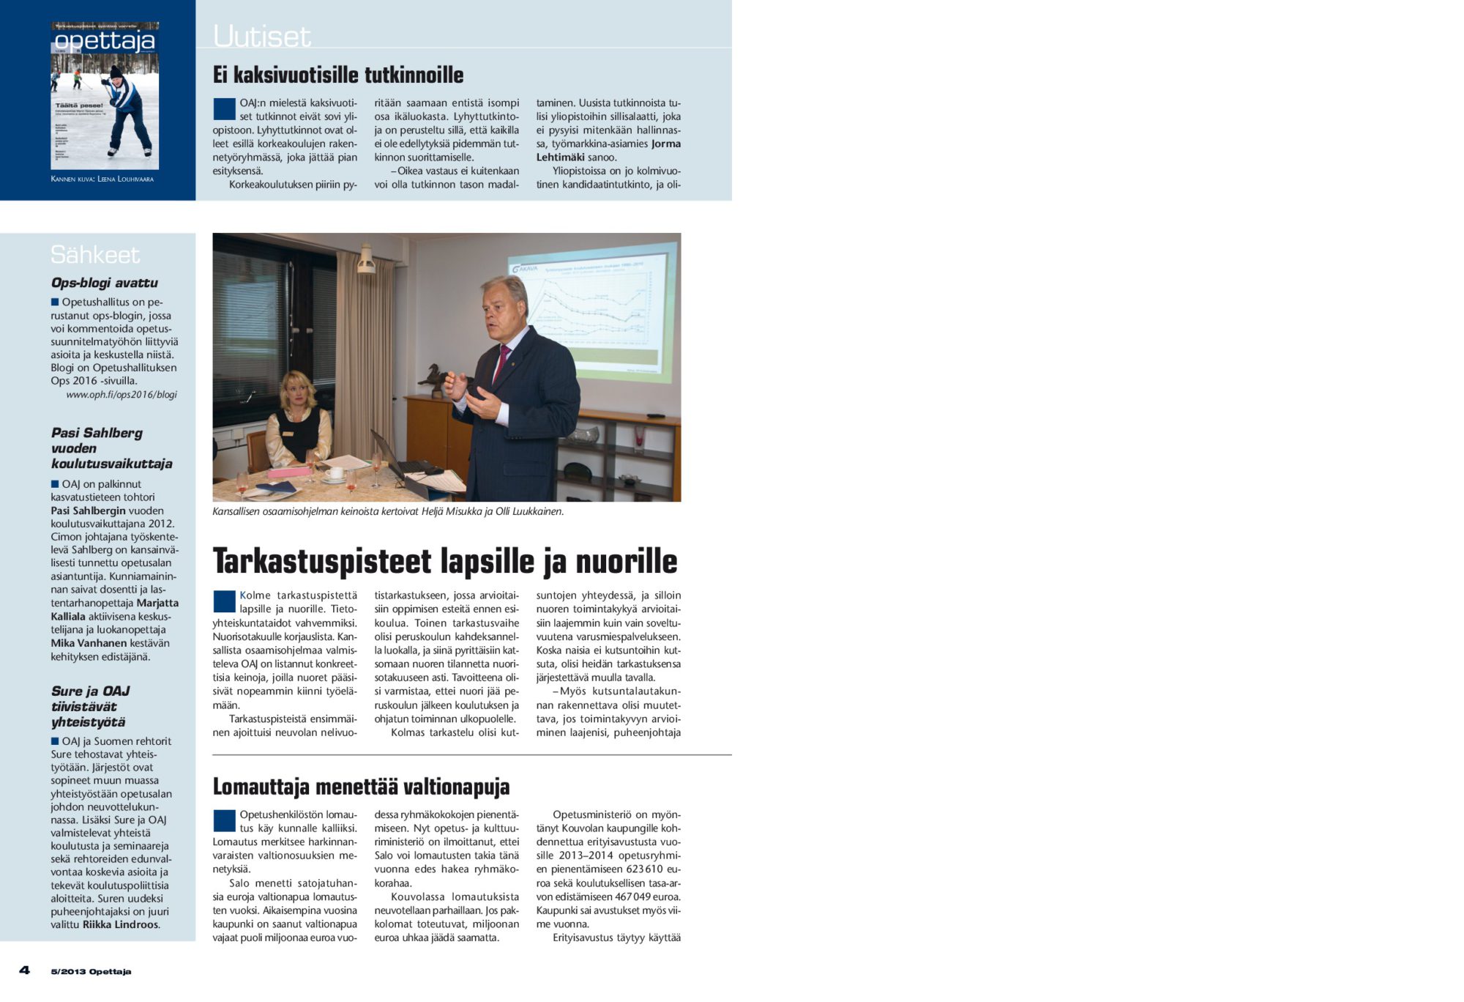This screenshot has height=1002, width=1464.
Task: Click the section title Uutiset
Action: (x=261, y=37)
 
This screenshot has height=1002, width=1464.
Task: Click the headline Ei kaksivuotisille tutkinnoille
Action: (x=337, y=75)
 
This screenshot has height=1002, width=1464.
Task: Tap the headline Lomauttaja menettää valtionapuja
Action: (x=361, y=787)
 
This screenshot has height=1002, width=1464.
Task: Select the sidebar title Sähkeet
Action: (x=94, y=255)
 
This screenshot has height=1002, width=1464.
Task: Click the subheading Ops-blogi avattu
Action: (x=104, y=283)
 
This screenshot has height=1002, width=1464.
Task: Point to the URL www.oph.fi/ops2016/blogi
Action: (x=122, y=394)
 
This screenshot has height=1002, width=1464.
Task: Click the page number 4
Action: (x=25, y=971)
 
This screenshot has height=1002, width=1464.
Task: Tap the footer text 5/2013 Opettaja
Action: (x=91, y=972)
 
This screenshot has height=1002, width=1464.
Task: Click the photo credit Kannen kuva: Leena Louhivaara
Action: (x=102, y=179)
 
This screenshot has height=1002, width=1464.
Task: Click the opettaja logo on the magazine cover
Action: (x=105, y=41)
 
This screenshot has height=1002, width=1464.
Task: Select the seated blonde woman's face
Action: (x=296, y=390)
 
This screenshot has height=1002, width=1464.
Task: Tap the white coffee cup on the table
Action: (x=335, y=473)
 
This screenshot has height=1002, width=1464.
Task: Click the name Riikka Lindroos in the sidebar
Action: (x=120, y=924)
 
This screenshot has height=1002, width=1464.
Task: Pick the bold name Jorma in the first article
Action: (x=666, y=144)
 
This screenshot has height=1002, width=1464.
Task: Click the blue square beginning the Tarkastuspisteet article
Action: (x=224, y=601)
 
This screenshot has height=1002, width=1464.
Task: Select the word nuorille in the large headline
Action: (x=626, y=562)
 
